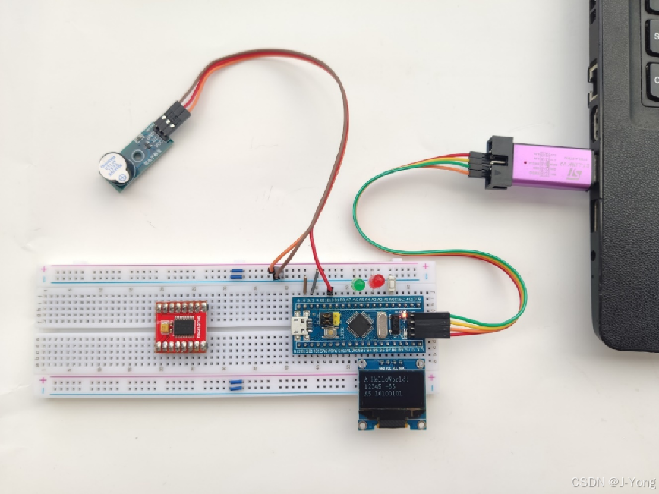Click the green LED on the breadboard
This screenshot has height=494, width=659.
pos(358,285)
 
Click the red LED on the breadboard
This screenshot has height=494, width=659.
pos(377,282)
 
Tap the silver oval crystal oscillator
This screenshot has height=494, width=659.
pos(383,326)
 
